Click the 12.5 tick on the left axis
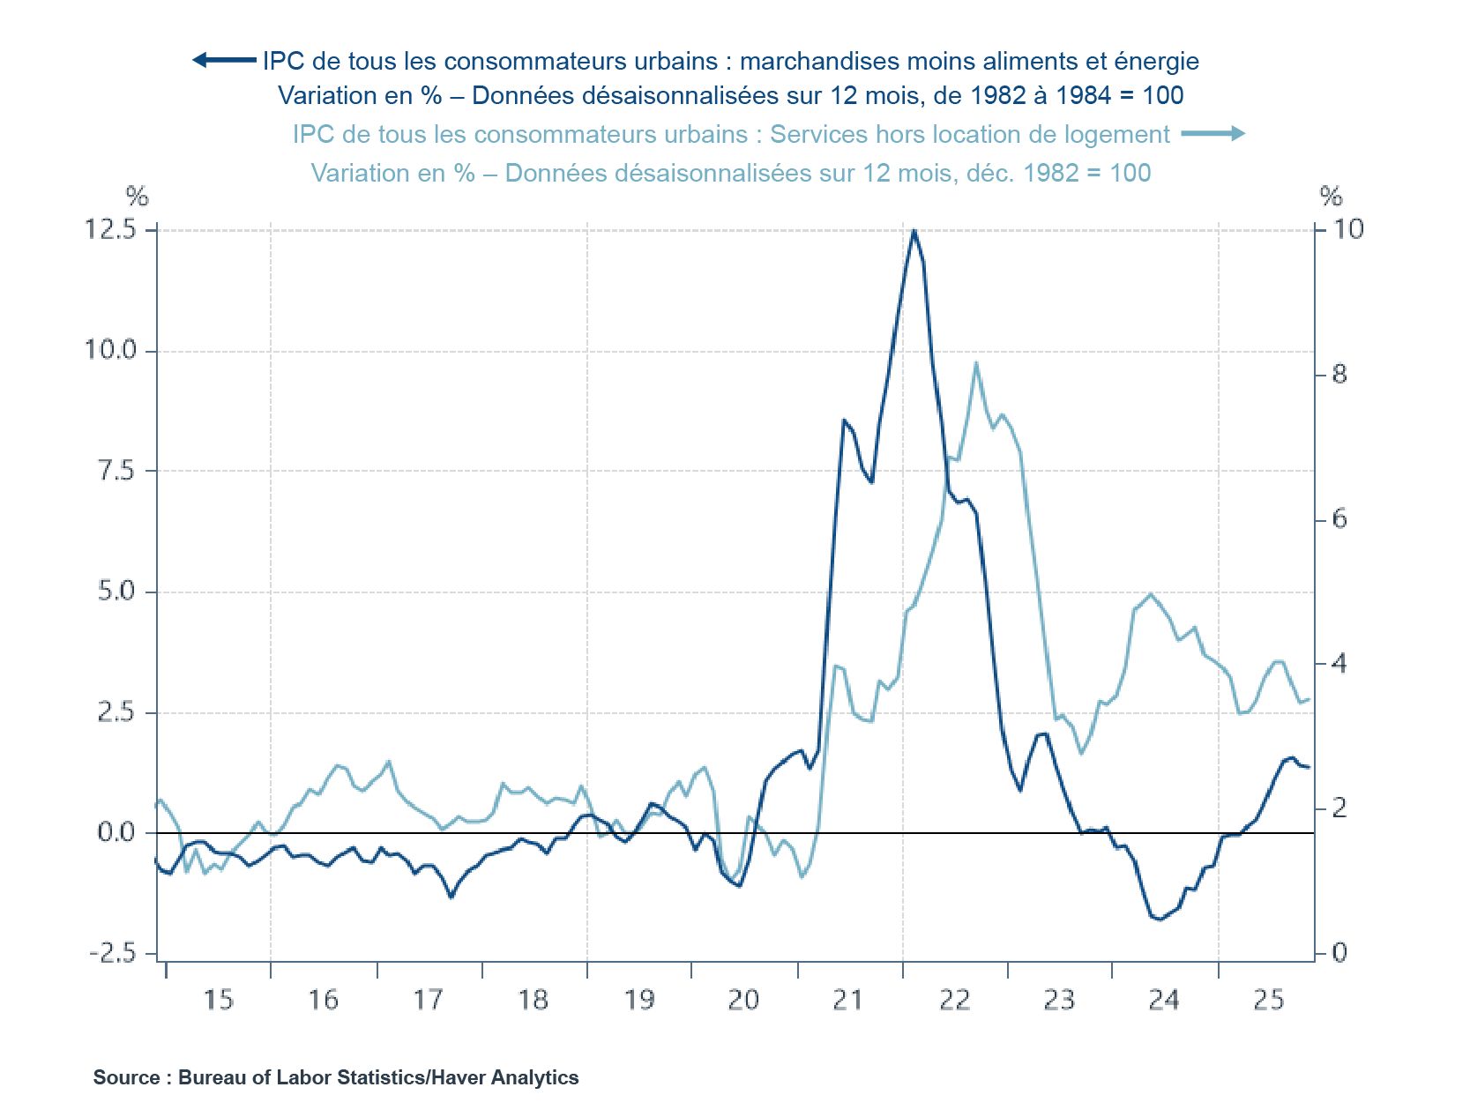110,230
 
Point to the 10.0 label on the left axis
110,351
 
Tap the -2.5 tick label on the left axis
113,954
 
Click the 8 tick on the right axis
1339,375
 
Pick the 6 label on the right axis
1339,519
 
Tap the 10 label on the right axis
1347,230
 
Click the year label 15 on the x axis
218,1000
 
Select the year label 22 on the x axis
954,1000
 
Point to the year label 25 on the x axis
1269,1000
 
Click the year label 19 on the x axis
638,1000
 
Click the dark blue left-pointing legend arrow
224,60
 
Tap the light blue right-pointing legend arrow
1213,133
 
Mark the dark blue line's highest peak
914,231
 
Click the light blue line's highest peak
976,363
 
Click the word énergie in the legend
1156,61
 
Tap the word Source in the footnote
127,1077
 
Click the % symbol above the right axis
1331,196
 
